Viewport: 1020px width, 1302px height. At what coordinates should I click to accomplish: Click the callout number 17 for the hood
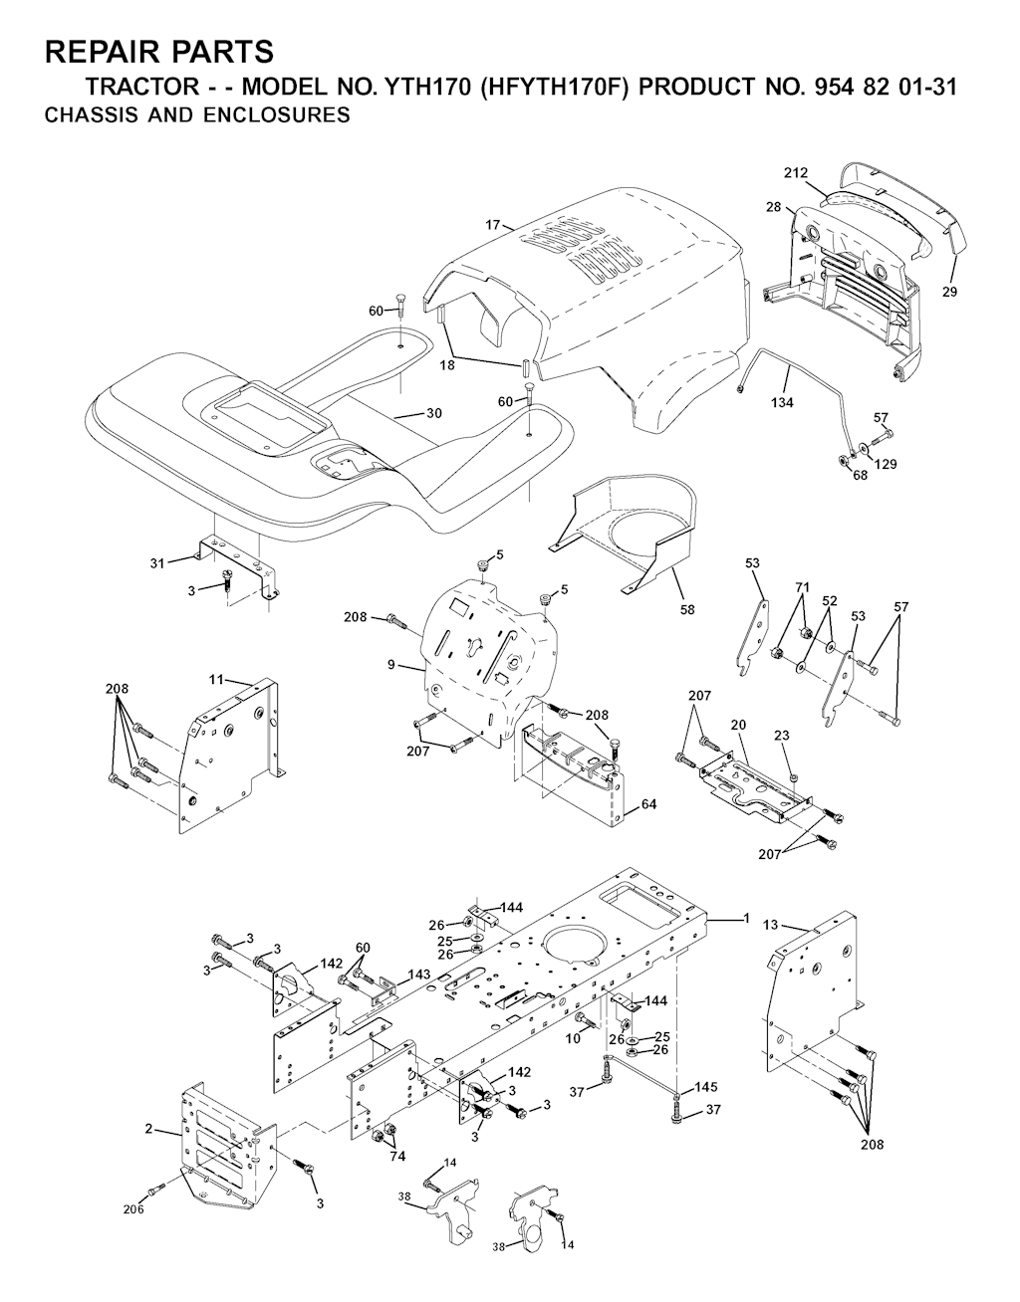click(x=493, y=225)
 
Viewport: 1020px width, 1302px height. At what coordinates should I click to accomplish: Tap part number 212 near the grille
click(x=796, y=173)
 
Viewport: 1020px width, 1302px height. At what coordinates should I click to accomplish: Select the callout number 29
click(x=949, y=292)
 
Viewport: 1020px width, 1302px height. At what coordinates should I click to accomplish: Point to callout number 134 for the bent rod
click(x=782, y=402)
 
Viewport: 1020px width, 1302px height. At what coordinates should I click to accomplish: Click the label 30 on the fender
click(x=434, y=413)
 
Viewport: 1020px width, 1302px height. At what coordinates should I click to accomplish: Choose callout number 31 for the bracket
click(x=157, y=563)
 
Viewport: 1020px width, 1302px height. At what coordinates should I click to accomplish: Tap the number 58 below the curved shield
click(x=687, y=609)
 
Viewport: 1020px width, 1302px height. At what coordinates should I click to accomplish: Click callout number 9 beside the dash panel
click(x=390, y=664)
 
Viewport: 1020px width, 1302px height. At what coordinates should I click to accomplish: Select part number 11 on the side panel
click(x=216, y=679)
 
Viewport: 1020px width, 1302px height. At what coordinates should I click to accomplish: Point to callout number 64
click(x=648, y=804)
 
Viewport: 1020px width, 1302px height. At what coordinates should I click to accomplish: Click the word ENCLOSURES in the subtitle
click(x=277, y=114)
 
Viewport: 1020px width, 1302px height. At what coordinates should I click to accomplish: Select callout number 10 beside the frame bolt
click(x=574, y=1038)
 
